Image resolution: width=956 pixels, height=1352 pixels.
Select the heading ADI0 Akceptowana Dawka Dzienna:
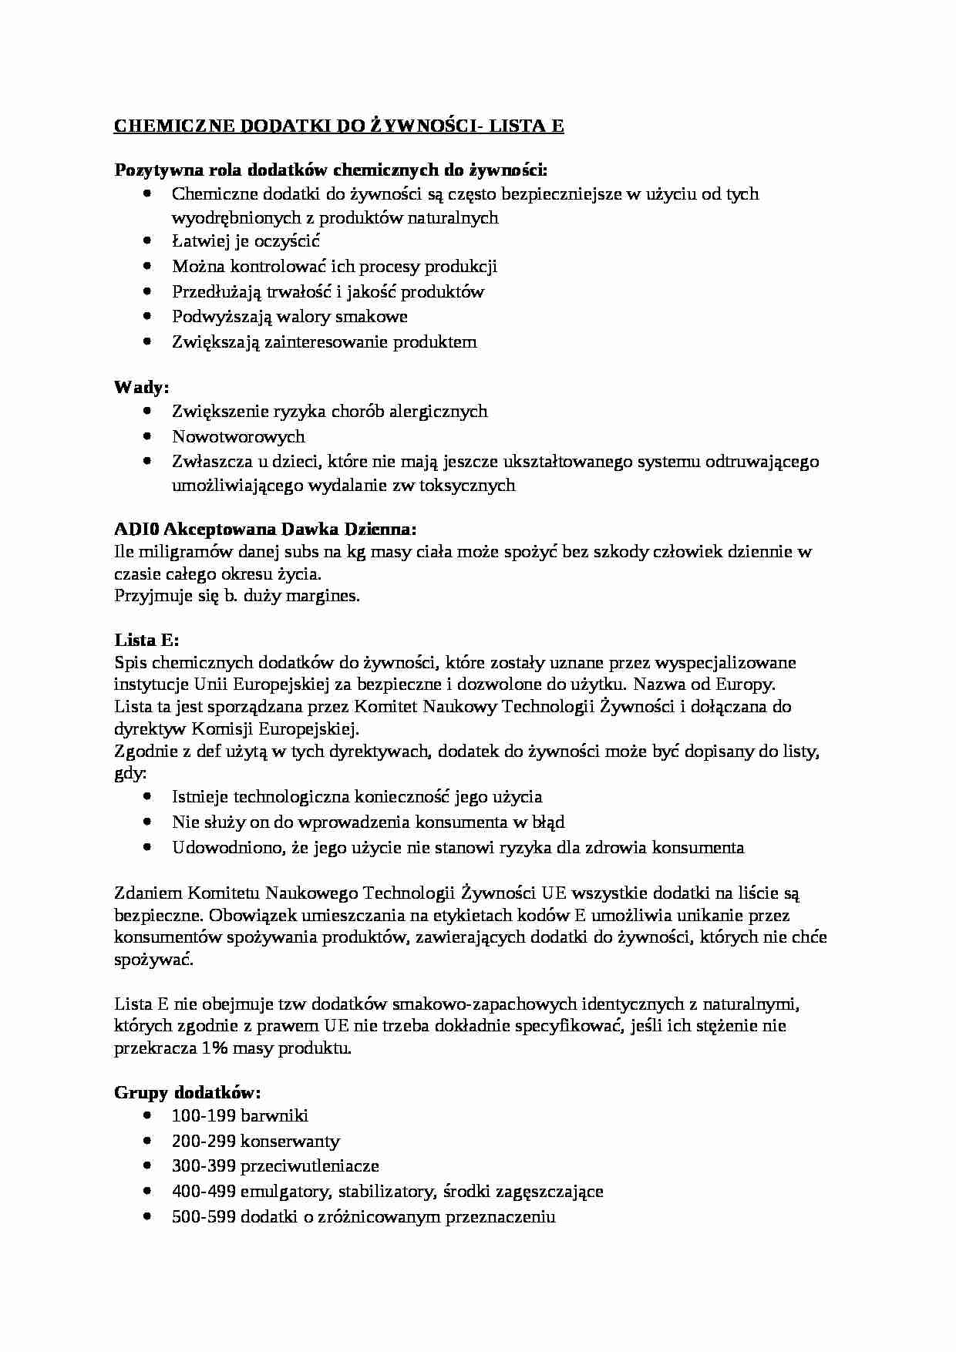(265, 530)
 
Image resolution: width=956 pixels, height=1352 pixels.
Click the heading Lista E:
(146, 640)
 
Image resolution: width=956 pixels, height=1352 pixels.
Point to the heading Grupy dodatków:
(187, 1092)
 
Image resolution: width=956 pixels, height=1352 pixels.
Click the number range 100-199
(203, 1115)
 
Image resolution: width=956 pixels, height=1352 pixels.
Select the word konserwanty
(290, 1141)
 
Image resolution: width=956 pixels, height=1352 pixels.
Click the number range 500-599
(203, 1217)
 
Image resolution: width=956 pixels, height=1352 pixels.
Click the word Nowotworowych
(238, 436)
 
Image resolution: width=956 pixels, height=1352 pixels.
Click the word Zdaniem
(147, 893)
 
